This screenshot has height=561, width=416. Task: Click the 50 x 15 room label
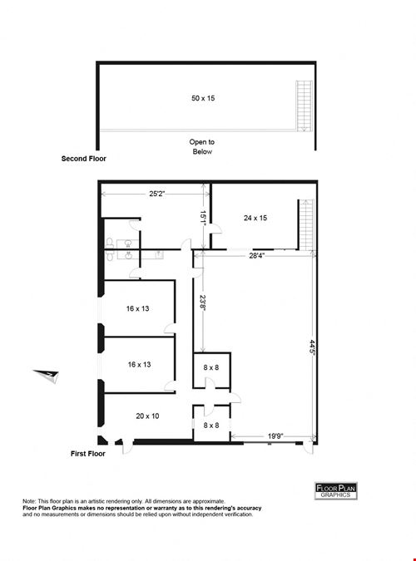pyautogui.click(x=203, y=98)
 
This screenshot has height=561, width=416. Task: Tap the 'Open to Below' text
pyautogui.click(x=202, y=146)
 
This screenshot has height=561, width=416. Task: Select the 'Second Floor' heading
pyautogui.click(x=84, y=159)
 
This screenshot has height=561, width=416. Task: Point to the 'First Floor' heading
pyautogui.click(x=88, y=454)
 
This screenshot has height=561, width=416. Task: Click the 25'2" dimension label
pyautogui.click(x=157, y=194)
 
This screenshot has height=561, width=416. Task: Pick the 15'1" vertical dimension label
pyautogui.click(x=203, y=218)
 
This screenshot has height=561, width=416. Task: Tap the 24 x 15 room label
pyautogui.click(x=255, y=218)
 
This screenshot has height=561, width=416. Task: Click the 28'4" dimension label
pyautogui.click(x=256, y=255)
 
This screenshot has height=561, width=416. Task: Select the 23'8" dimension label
pyautogui.click(x=203, y=303)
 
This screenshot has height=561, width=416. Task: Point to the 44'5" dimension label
pyautogui.click(x=313, y=347)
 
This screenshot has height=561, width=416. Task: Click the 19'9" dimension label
pyautogui.click(x=275, y=436)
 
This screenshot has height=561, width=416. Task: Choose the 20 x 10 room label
pyautogui.click(x=147, y=416)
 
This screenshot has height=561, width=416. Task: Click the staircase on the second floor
pyautogui.click(x=304, y=106)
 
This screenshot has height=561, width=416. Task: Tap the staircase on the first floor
pyautogui.click(x=307, y=224)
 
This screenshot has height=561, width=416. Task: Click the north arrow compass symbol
pyautogui.click(x=47, y=376)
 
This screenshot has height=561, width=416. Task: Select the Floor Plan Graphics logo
pyautogui.click(x=336, y=490)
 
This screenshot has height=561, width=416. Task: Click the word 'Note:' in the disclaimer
pyautogui.click(x=29, y=501)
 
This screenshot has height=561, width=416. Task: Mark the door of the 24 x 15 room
pyautogui.click(x=215, y=229)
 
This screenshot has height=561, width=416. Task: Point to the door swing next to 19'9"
pyautogui.click(x=308, y=447)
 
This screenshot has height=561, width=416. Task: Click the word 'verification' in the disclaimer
pyautogui.click(x=236, y=514)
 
